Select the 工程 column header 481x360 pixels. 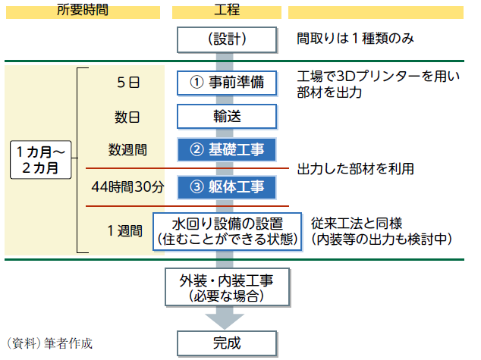[226, 10]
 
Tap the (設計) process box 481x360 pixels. [227, 39]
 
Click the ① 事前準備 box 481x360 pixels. [227, 82]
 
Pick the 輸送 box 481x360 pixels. [227, 116]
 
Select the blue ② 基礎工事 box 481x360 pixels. [227, 149]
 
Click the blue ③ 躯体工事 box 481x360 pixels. [227, 186]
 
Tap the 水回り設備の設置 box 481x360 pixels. [227, 230]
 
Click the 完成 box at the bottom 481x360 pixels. [227, 343]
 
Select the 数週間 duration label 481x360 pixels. [127, 150]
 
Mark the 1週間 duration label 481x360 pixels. [125, 230]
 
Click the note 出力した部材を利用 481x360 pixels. [355, 168]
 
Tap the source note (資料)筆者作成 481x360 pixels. [49, 343]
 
